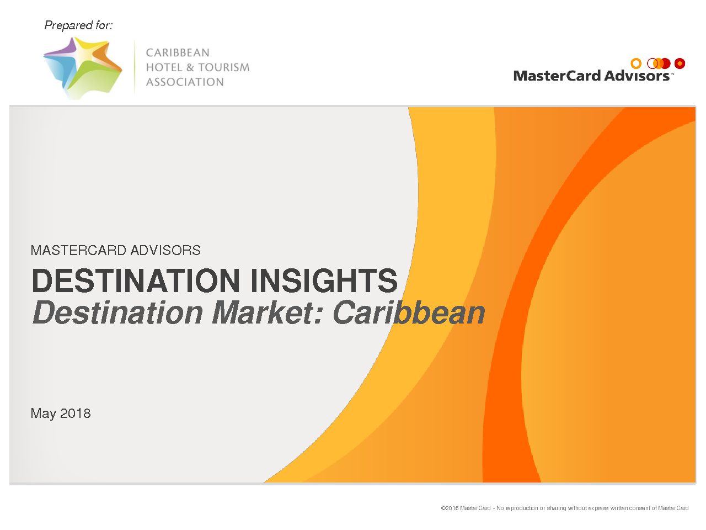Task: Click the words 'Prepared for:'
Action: [x=79, y=25]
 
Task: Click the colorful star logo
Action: [x=83, y=68]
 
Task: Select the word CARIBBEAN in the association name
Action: [x=178, y=52]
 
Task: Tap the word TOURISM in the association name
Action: [x=224, y=67]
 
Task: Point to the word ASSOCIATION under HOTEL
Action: [x=185, y=82]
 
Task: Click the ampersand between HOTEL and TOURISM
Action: [x=190, y=67]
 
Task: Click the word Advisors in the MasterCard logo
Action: [x=637, y=76]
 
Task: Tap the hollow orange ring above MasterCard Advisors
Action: [x=636, y=63]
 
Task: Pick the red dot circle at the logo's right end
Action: [x=680, y=63]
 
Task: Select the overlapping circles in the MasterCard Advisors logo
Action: [x=659, y=63]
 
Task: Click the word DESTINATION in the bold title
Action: [x=136, y=280]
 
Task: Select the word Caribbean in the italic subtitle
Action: [x=409, y=312]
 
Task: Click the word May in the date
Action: [x=43, y=414]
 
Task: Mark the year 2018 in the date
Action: [x=76, y=413]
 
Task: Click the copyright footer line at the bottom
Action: [x=564, y=508]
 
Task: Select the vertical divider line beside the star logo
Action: [x=135, y=67]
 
